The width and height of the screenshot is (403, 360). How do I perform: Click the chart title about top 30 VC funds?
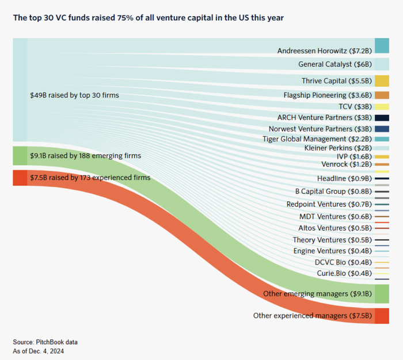pos(148,18)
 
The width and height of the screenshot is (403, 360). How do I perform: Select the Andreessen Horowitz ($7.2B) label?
pos(325,51)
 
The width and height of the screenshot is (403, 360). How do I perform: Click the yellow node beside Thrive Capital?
pos(382,81)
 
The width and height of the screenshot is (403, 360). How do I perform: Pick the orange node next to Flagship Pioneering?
pos(382,95)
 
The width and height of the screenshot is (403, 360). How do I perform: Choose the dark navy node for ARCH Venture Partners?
pos(382,118)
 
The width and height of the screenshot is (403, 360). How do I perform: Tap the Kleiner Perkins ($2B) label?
pos(337,148)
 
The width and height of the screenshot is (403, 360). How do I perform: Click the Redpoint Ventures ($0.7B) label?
pos(329,204)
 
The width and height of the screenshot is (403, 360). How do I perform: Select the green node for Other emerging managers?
pos(382,294)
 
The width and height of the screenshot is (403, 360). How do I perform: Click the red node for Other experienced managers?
pos(382,316)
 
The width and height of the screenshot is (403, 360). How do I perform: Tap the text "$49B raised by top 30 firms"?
pos(74,95)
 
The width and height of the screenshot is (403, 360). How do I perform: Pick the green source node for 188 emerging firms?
pos(20,156)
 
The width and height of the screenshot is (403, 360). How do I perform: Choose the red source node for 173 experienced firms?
pos(20,178)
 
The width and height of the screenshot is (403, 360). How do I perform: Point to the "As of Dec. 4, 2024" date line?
pos(39,350)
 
